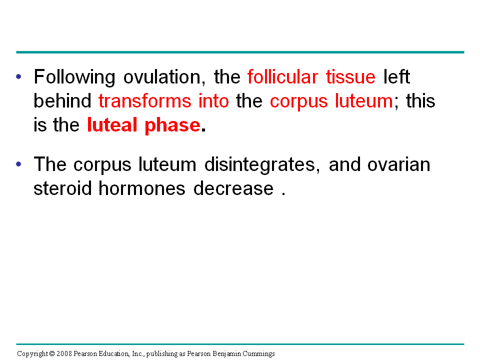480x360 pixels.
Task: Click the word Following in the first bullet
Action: pyautogui.click(x=74, y=77)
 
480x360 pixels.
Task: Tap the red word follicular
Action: pyautogui.click(x=283, y=76)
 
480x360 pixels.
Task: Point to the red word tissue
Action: pyautogui.click(x=350, y=76)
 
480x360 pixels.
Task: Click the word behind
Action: pyautogui.click(x=62, y=100)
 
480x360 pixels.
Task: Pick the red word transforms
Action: pyautogui.click(x=145, y=100)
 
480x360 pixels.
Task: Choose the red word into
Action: pyautogui.click(x=213, y=100)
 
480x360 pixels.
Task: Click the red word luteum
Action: pyautogui.click(x=364, y=100)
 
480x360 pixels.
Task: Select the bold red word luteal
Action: pyautogui.click(x=112, y=125)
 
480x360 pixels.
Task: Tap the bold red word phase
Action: pyautogui.click(x=172, y=125)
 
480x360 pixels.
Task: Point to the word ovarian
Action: pyautogui.click(x=399, y=164)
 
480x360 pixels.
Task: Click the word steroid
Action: pyautogui.click(x=63, y=188)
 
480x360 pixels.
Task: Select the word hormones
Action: pyautogui.click(x=142, y=188)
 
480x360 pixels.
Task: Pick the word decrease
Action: pyautogui.click(x=233, y=188)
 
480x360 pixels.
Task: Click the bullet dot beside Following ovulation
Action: pyautogui.click(x=18, y=76)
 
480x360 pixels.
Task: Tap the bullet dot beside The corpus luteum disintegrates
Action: pyautogui.click(x=18, y=164)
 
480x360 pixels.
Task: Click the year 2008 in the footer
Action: pyautogui.click(x=64, y=353)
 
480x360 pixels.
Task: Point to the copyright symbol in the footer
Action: pyautogui.click(x=51, y=353)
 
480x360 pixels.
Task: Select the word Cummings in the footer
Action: pyautogui.click(x=258, y=354)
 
